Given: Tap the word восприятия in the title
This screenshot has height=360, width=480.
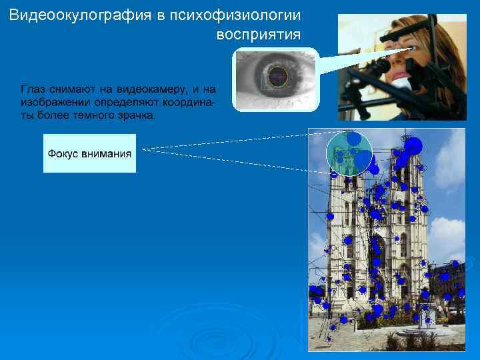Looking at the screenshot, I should (x=259, y=33).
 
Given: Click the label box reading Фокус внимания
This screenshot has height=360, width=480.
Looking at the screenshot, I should (x=89, y=153).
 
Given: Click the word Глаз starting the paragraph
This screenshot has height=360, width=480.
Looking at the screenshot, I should (x=34, y=89).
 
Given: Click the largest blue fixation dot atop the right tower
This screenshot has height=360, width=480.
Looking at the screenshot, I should (x=413, y=145).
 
